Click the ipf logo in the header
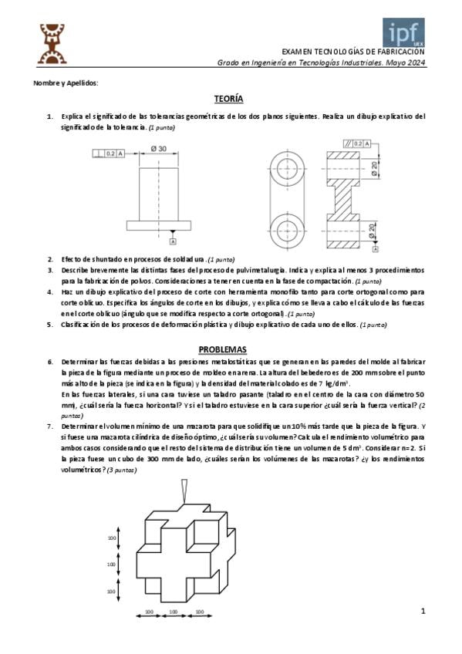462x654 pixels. (x=403, y=32)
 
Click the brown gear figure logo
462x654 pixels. (x=52, y=44)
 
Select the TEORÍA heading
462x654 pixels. (x=228, y=99)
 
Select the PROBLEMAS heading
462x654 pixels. (x=222, y=349)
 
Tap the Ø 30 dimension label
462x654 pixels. (x=158, y=149)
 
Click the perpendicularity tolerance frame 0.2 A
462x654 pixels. (x=109, y=153)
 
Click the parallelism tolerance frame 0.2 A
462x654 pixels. (x=357, y=143)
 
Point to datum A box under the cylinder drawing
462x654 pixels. (x=173, y=241)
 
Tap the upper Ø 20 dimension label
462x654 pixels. (x=373, y=167)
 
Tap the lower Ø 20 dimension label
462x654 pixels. (x=373, y=231)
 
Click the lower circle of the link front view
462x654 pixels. (x=287, y=231)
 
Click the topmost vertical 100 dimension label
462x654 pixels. (x=112, y=538)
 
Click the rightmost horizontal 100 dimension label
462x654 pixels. (x=200, y=612)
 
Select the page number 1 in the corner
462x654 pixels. (x=423, y=611)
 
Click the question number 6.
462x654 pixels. (x=50, y=362)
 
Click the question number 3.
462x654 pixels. (x=50, y=270)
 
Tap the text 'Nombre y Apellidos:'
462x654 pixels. (x=66, y=83)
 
